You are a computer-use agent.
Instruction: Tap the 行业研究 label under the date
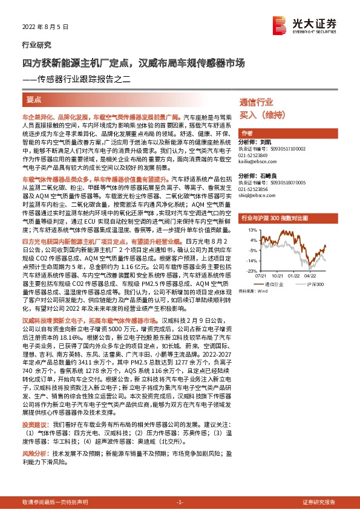(x=37, y=45)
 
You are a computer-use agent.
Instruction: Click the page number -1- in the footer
(x=180, y=502)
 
